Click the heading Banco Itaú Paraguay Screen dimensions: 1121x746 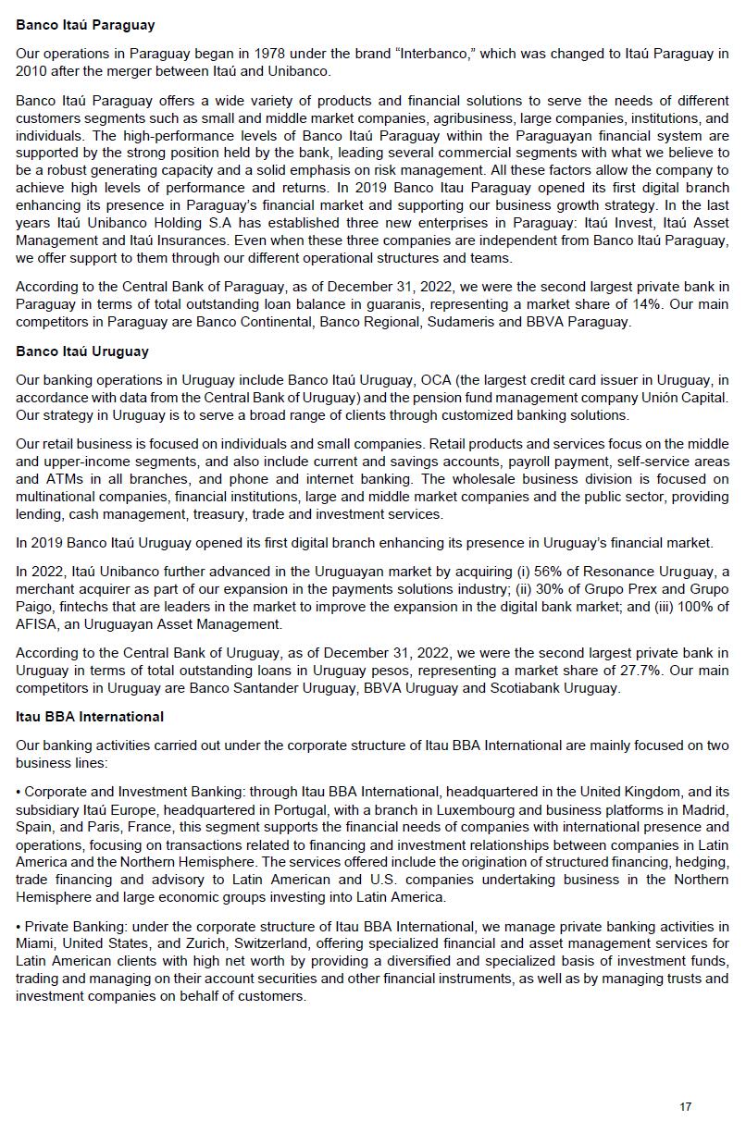(x=85, y=25)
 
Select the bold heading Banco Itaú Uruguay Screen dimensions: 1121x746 (x=81, y=351)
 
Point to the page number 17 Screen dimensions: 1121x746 (x=685, y=1107)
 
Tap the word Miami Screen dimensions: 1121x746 (x=33, y=944)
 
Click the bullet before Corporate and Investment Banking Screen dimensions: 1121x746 (x=19, y=791)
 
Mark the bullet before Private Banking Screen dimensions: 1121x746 (x=19, y=927)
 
